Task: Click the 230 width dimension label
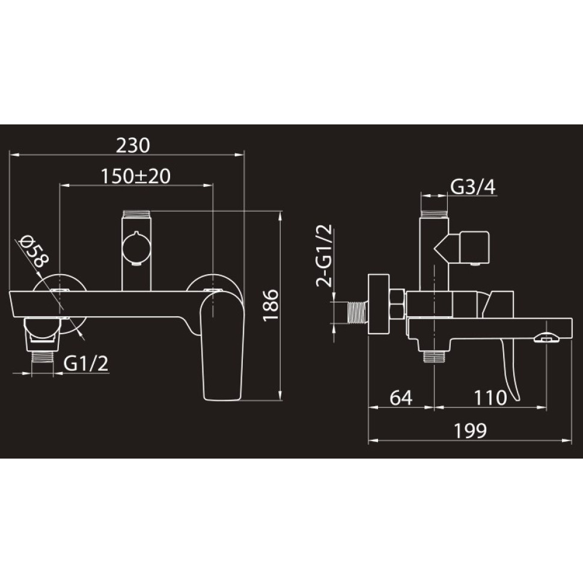click(133, 145)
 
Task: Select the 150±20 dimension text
click(136, 176)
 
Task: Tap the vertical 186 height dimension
click(270, 305)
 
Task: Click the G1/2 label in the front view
click(86, 363)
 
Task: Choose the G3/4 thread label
click(473, 187)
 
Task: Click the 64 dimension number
click(401, 397)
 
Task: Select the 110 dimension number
click(490, 397)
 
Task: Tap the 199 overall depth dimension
click(471, 430)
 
